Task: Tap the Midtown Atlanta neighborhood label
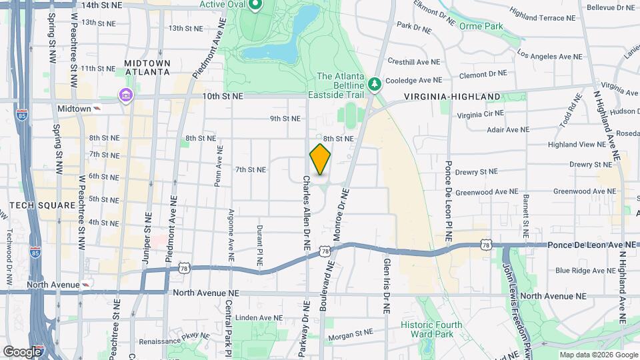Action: coord(147,68)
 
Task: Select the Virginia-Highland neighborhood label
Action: coord(452,97)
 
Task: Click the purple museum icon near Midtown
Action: coord(125,96)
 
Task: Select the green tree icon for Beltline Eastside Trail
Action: coord(375,83)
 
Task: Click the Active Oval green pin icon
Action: coord(255,6)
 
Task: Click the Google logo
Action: coord(22,351)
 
